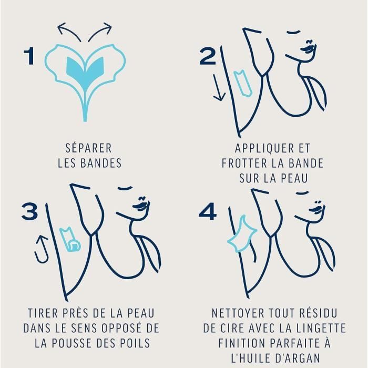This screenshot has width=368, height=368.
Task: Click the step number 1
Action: click(x=29, y=56)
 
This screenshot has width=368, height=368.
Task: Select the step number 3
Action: click(x=30, y=211)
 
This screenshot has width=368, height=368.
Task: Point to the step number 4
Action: click(x=208, y=211)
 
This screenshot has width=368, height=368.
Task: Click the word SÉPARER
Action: click(x=88, y=148)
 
